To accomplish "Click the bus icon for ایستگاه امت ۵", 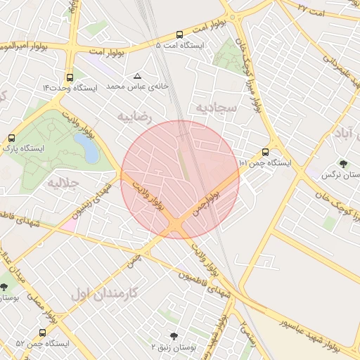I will pyautogui.click(x=179, y=34).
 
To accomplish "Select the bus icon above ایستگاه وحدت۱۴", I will pyautogui.click(x=69, y=77).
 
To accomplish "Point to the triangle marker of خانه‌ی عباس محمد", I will pyautogui.click(x=137, y=75).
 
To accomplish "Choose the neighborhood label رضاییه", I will pyautogui.click(x=134, y=115).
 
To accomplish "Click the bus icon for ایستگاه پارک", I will pyautogui.click(x=11, y=139).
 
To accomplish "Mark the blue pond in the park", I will pyautogui.click(x=86, y=148).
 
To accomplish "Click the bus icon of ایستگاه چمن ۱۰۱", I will pyautogui.click(x=265, y=152).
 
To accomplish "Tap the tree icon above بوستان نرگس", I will pyautogui.click(x=343, y=163).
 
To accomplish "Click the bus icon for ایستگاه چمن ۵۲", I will pyautogui.click(x=42, y=333).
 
